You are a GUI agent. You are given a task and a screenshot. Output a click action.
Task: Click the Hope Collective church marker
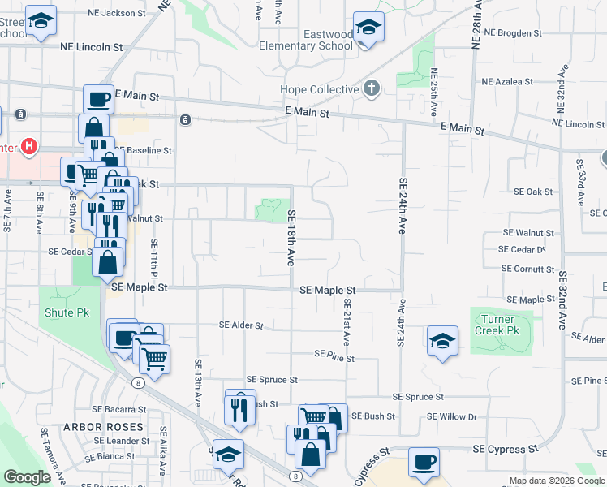372,88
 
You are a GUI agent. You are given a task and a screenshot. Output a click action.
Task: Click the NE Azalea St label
507,82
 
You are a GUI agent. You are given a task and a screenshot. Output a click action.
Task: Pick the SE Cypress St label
506,449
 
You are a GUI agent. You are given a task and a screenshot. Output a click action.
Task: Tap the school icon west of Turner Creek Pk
443,341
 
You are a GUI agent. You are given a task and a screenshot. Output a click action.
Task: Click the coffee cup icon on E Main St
98,99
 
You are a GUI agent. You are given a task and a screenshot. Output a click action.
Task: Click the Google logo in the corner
27,477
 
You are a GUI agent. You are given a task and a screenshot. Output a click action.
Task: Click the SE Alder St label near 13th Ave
242,325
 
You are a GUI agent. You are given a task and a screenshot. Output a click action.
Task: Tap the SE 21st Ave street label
347,321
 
